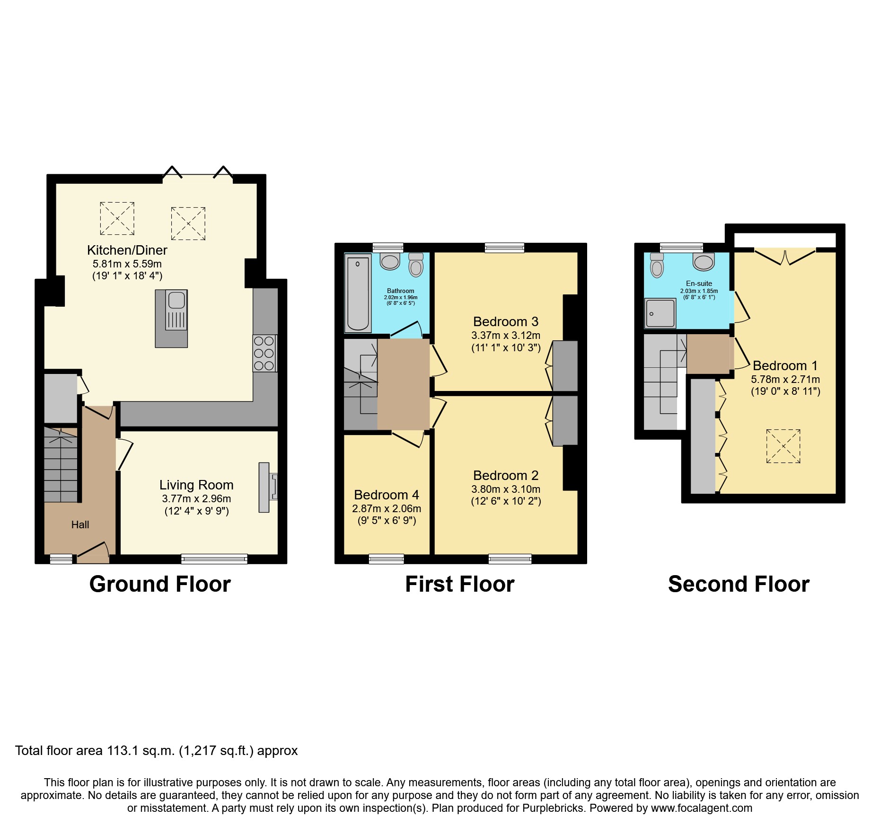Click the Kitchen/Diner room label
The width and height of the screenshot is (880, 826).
(127, 250)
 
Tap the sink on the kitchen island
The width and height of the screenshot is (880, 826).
(176, 300)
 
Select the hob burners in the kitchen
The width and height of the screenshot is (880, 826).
(264, 353)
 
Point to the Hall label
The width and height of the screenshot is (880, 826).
(80, 524)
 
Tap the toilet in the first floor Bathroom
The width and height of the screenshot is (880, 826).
(416, 265)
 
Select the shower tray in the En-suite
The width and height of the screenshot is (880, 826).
(660, 313)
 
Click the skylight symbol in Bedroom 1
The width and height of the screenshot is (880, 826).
(783, 446)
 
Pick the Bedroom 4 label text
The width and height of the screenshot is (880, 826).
(386, 495)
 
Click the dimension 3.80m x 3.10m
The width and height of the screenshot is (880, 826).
(505, 489)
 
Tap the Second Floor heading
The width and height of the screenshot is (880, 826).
(738, 584)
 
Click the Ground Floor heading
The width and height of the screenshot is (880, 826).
(160, 584)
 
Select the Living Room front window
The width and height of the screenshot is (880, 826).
(214, 559)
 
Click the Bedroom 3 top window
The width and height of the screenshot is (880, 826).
(504, 248)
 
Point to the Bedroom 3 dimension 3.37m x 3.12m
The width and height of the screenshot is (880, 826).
(505, 335)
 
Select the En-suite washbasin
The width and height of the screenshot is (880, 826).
(704, 262)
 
